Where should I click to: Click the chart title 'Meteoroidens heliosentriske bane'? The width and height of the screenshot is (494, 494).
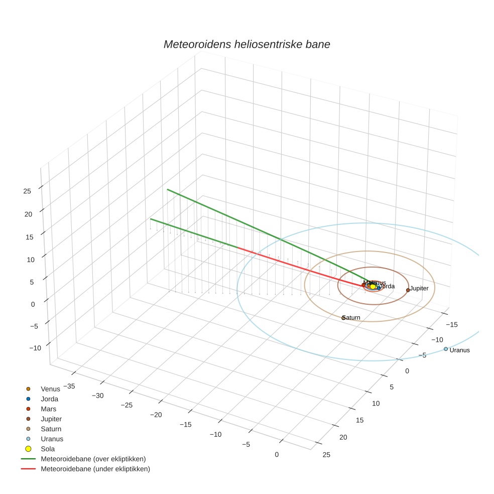point(246,44)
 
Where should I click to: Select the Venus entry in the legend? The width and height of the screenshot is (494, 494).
point(50,389)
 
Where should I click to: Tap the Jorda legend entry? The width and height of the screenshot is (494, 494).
point(49,399)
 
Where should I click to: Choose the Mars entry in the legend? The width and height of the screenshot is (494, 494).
point(48,409)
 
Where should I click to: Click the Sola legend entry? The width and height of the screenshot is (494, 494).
point(48,449)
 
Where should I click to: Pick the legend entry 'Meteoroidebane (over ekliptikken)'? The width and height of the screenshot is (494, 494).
point(93,459)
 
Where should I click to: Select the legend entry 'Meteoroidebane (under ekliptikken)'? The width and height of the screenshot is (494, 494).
point(95,469)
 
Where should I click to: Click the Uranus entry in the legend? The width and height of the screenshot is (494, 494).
point(52,439)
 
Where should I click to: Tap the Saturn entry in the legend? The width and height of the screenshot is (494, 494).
point(51,429)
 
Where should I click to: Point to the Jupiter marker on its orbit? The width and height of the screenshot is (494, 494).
point(408,290)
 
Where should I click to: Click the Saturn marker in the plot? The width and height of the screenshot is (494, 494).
point(343,318)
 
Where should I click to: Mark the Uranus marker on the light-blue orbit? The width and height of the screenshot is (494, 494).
point(445,349)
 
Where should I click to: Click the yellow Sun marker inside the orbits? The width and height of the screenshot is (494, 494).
point(373,287)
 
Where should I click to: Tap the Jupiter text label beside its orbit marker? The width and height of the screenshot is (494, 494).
point(419,289)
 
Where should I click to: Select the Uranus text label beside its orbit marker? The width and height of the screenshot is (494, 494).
point(459,350)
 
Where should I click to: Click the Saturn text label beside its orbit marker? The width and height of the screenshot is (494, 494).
point(351,318)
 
